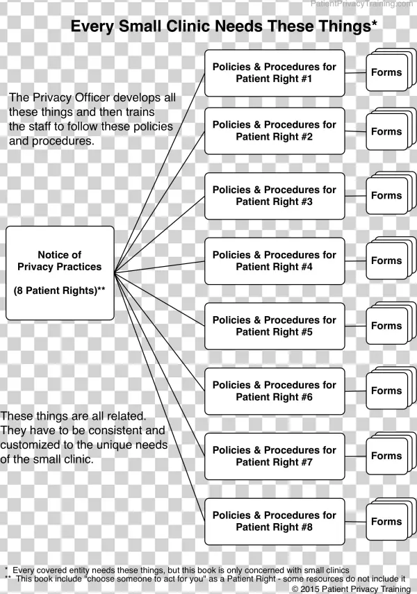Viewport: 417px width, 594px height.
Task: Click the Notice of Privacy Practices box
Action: tap(60, 272)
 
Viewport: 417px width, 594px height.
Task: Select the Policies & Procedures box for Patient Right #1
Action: tap(274, 73)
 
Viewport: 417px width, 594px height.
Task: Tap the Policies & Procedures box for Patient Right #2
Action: tap(274, 131)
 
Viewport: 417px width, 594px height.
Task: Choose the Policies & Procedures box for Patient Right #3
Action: tap(274, 195)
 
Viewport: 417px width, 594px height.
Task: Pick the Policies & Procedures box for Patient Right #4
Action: tap(274, 261)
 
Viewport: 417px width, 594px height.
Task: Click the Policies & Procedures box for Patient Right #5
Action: tap(274, 326)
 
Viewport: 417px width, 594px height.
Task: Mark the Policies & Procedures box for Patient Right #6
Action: tap(274, 390)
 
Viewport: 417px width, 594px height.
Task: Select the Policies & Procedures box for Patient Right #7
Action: tap(274, 456)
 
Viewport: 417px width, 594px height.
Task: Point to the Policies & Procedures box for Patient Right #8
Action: tap(274, 521)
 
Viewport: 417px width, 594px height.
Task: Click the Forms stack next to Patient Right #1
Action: tap(387, 72)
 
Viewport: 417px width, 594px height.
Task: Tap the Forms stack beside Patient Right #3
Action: tap(387, 196)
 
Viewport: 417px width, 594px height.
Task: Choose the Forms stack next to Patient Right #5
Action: tap(387, 326)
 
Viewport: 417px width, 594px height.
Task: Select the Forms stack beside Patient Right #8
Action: tap(387, 522)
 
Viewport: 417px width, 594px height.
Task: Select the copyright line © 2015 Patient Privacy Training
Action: tap(351, 588)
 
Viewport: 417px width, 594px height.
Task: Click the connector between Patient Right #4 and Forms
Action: tap(355, 261)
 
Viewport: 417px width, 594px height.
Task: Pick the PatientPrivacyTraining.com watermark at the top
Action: tap(361, 4)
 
